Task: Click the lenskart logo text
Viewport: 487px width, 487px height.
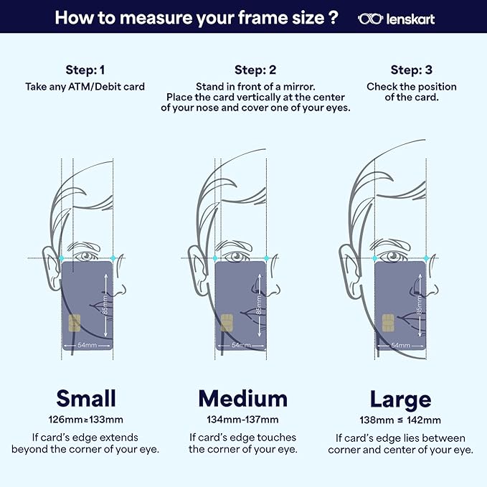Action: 410,19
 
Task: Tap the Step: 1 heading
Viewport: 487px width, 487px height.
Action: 85,70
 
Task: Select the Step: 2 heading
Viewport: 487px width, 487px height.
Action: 255,70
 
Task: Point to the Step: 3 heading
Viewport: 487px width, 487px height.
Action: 411,70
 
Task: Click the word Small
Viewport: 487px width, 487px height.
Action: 86,398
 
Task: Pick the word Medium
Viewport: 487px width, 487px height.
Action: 243,399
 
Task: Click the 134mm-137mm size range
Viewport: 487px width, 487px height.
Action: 242,420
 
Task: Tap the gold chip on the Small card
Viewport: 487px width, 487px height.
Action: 75,323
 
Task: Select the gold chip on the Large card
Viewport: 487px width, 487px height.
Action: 388,323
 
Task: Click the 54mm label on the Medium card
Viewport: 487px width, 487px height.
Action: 241,345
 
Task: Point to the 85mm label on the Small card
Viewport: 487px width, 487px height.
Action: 105,305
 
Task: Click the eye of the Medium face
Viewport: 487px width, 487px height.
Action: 237,256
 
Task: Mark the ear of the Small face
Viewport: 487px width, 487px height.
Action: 51,268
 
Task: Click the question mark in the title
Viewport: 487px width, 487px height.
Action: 333,17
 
